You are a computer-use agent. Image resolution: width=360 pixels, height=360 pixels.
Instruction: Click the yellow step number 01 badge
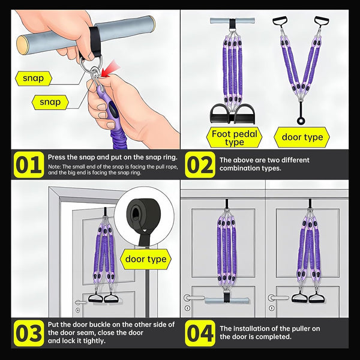pyautogui.click(x=29, y=164)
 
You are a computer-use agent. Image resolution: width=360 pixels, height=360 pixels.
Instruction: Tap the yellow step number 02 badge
pyautogui.click(x=200, y=164)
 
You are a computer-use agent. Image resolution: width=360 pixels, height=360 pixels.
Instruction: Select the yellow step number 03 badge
pyautogui.click(x=29, y=333)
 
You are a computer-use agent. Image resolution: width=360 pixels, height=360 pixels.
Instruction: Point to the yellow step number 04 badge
pyautogui.click(x=200, y=333)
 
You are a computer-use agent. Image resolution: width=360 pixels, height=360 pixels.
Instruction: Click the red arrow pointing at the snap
pyautogui.click(x=110, y=68)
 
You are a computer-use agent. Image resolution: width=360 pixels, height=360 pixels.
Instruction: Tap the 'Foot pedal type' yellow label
pyautogui.click(x=234, y=137)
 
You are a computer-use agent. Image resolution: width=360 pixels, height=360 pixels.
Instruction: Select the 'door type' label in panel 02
pyautogui.click(x=302, y=137)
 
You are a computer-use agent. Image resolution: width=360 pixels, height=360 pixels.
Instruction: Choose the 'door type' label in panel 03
pyautogui.click(x=146, y=259)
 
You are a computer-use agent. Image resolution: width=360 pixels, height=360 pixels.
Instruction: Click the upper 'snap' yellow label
pyautogui.click(x=34, y=79)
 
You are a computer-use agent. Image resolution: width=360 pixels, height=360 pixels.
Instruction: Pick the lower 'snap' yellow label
pyautogui.click(x=50, y=102)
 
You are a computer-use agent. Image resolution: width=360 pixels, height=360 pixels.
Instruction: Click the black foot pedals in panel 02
pyautogui.click(x=232, y=114)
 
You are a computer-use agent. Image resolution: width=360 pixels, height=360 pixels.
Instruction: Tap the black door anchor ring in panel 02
pyautogui.click(x=301, y=121)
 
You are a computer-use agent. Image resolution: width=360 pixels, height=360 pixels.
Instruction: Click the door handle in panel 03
pyautogui.click(x=80, y=302)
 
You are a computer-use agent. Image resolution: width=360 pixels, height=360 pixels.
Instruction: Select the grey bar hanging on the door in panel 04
pyautogui.click(x=227, y=301)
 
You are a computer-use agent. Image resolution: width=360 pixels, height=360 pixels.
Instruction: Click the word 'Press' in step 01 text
pyautogui.click(x=56, y=157)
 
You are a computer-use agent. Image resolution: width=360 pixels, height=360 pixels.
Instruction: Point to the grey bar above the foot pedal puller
pyautogui.click(x=232, y=20)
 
